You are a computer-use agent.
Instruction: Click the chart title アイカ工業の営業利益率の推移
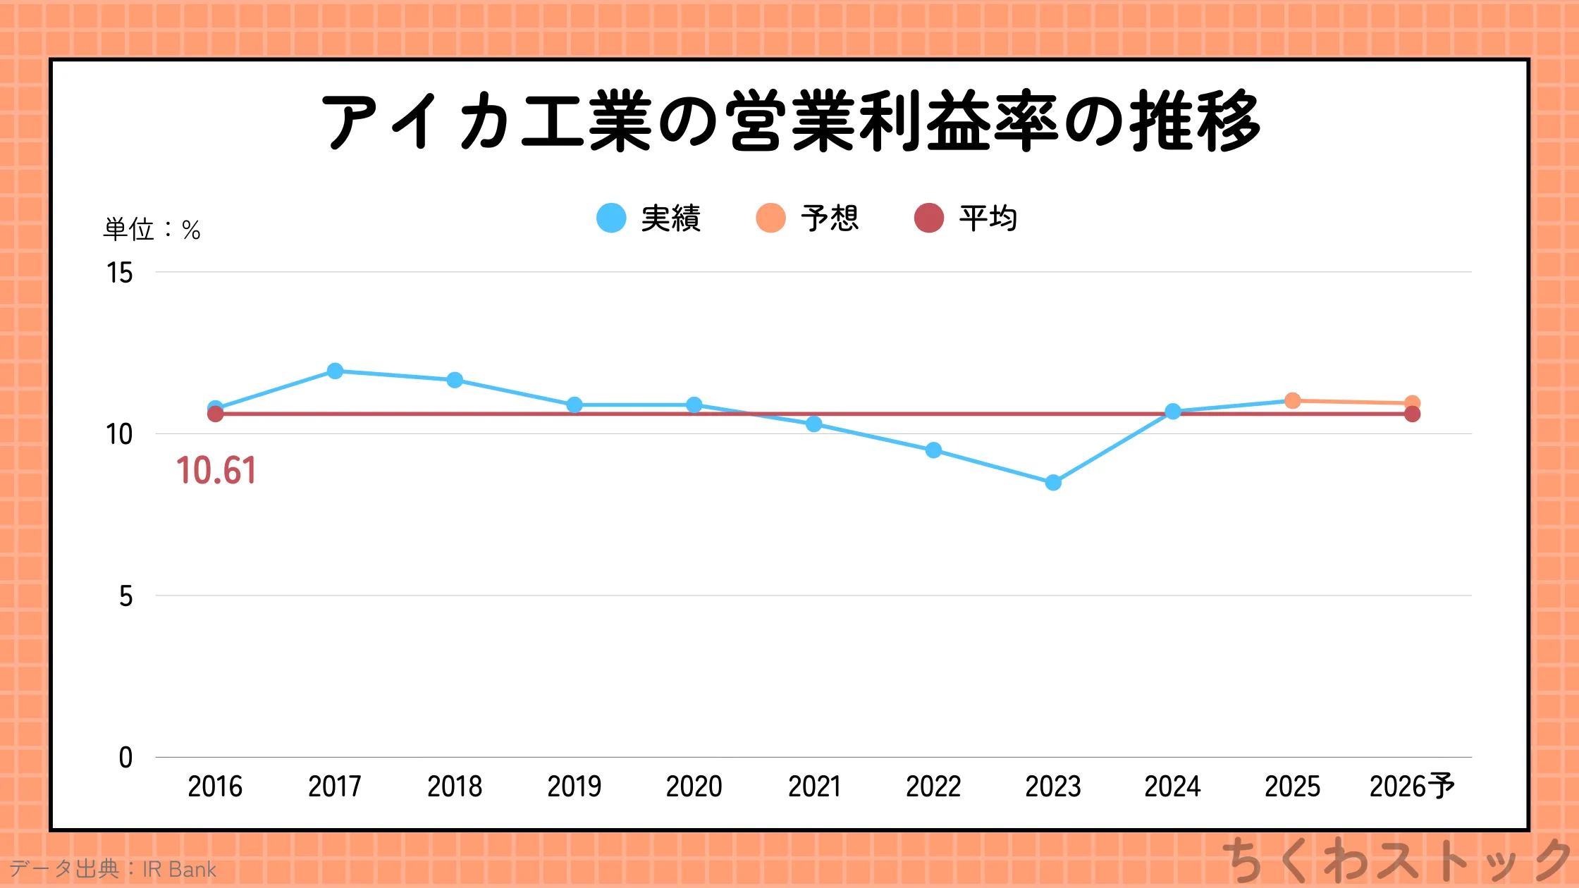pos(789,121)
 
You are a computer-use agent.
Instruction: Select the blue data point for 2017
pos(336,371)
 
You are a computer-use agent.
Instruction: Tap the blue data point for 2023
pos(1053,483)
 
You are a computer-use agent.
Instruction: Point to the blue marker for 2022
pos(933,450)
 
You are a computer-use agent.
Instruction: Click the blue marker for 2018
pos(455,380)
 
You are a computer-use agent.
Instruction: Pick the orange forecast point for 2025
pos(1292,400)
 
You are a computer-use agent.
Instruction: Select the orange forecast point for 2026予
pos(1412,402)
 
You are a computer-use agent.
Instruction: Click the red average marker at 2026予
pos(1412,414)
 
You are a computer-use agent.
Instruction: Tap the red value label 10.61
pos(216,471)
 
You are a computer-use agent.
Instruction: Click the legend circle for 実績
pos(611,218)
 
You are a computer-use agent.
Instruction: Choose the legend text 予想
pos(830,218)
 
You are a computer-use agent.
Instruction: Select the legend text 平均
pos(988,218)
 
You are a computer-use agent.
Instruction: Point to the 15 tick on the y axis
pos(120,273)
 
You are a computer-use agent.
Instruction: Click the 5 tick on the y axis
pos(125,596)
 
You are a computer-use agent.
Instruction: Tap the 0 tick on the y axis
pos(125,758)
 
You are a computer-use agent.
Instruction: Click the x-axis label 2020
pos(694,787)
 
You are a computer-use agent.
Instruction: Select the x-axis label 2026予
pos(1411,787)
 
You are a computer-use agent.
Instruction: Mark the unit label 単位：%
pos(152,230)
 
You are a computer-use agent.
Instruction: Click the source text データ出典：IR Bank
pos(113,869)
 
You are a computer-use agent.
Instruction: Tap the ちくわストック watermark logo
pos(1396,860)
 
